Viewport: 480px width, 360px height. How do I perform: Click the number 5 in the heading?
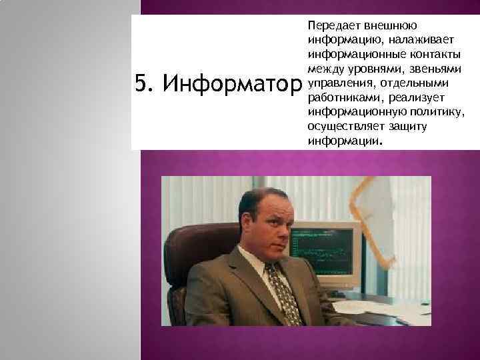pyautogui.click(x=140, y=85)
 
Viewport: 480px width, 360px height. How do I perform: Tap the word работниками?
pyautogui.click(x=339, y=98)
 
